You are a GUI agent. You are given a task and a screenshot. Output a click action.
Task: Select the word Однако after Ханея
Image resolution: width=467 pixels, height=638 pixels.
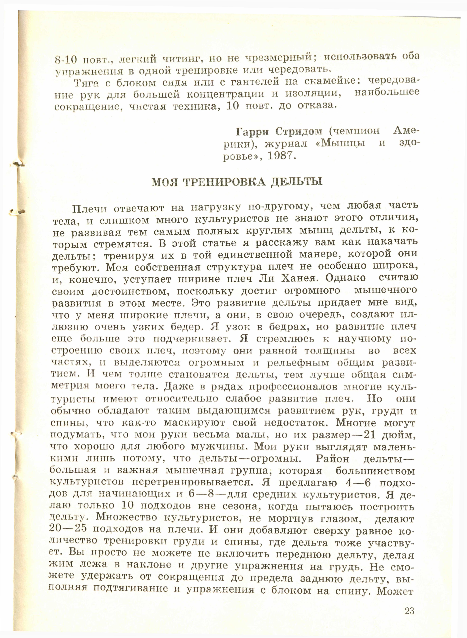pyautogui.click(x=345, y=278)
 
